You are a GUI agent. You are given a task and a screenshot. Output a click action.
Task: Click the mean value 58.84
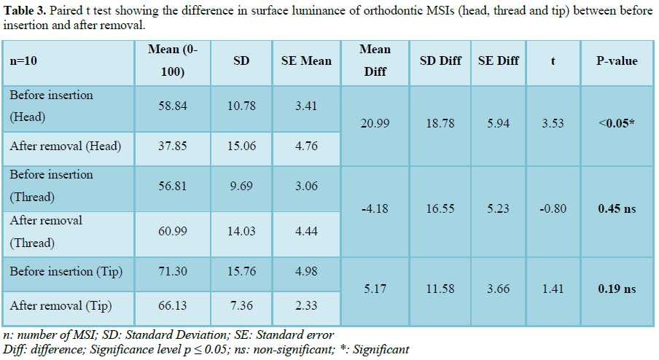(173, 106)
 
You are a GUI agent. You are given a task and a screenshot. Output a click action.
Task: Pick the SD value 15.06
(241, 146)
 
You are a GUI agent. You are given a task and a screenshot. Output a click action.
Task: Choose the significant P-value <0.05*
(617, 124)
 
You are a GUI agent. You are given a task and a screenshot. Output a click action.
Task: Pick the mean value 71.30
(173, 272)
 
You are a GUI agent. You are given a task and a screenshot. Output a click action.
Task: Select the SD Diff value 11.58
(440, 289)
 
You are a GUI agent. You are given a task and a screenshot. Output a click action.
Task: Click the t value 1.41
(553, 289)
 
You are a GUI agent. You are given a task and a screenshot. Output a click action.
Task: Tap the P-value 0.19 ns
(617, 289)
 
